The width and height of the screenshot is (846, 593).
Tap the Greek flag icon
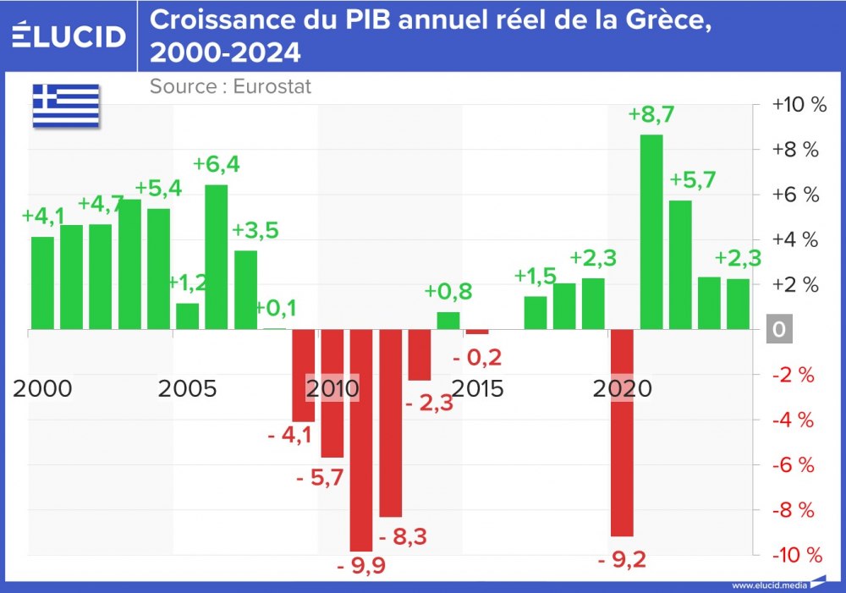click(66, 107)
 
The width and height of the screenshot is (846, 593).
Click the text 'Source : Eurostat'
click(230, 86)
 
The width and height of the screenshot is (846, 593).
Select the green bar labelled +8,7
click(651, 231)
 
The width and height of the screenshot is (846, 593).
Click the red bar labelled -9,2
click(622, 432)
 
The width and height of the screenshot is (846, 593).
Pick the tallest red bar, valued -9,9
click(361, 440)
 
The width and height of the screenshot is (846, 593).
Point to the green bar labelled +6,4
click(217, 256)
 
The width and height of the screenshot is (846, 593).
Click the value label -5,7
click(320, 478)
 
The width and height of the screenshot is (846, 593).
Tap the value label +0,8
click(448, 292)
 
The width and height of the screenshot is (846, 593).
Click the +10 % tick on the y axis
click(799, 105)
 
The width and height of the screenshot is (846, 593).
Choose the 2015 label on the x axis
click(477, 389)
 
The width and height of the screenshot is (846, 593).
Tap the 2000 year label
click(43, 389)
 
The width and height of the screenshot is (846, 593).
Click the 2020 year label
click(622, 389)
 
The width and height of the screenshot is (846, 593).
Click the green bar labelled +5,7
click(680, 264)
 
